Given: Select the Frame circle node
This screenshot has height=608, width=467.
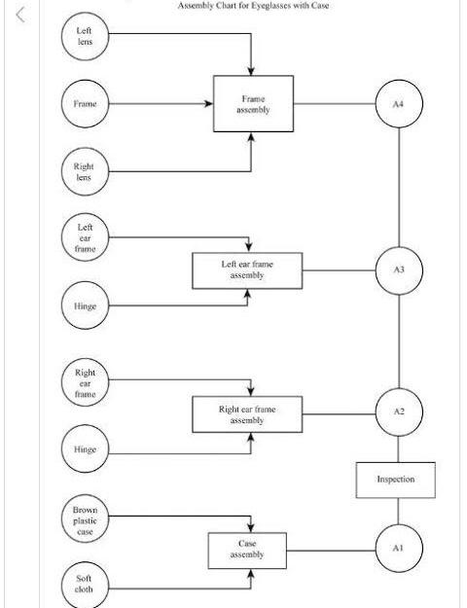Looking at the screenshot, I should pyautogui.click(x=86, y=103).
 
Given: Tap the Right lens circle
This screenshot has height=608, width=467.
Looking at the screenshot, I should pyautogui.click(x=86, y=171).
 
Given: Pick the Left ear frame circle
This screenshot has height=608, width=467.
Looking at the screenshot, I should pyautogui.click(x=86, y=238).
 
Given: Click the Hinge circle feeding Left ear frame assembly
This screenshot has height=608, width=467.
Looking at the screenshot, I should pyautogui.click(x=86, y=305).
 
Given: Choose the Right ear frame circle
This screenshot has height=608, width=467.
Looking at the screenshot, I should pyautogui.click(x=86, y=382).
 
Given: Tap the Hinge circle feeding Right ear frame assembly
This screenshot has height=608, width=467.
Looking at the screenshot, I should pyautogui.click(x=86, y=449).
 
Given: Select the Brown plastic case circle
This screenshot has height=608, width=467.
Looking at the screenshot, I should pyautogui.click(x=86, y=519).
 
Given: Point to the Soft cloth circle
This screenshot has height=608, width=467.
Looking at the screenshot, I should pyautogui.click(x=86, y=584).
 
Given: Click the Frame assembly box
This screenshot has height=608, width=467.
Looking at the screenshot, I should pyautogui.click(x=252, y=104).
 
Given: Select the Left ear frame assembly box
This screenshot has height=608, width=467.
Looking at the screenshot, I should pyautogui.click(x=246, y=269).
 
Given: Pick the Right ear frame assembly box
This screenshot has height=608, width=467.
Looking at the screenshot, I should pyautogui.click(x=246, y=414).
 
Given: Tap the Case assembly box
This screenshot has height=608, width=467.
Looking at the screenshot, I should pyautogui.click(x=247, y=550).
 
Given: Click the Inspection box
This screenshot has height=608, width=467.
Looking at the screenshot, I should pyautogui.click(x=395, y=480).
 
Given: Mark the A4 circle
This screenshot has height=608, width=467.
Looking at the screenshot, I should pyautogui.click(x=399, y=103).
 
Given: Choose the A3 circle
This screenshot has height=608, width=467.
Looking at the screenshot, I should pyautogui.click(x=399, y=269).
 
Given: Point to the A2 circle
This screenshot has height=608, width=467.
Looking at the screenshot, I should pyautogui.click(x=399, y=412).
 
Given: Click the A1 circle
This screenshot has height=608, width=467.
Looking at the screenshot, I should pyautogui.click(x=399, y=549).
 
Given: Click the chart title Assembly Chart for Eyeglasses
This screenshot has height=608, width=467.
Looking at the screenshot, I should pyautogui.click(x=253, y=6).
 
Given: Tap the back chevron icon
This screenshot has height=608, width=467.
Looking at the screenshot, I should pyautogui.click(x=19, y=13).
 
